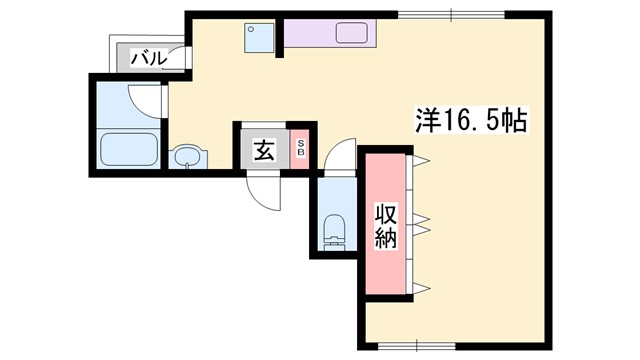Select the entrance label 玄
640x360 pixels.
(x=263, y=151)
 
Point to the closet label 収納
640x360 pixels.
(x=386, y=226)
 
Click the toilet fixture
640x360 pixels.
(x=335, y=229)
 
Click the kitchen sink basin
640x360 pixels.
(x=356, y=33)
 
